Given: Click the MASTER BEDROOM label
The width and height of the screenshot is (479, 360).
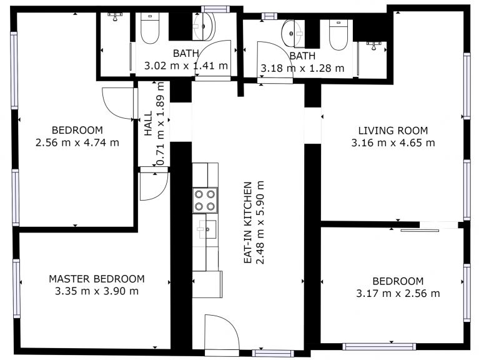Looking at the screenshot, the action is tap(97, 279).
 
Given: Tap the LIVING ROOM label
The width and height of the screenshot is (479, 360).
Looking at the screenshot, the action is tap(393, 131).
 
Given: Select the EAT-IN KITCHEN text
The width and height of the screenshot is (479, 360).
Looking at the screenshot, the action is tap(248, 222).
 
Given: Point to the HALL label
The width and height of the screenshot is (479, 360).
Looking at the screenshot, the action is tap(148, 124).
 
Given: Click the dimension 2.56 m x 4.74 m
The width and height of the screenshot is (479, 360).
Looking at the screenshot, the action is tap(77, 142).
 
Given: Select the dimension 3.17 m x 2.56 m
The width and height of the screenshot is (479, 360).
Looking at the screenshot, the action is tap(398, 294).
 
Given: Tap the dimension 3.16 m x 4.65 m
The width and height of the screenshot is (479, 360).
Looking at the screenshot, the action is tap(393, 142).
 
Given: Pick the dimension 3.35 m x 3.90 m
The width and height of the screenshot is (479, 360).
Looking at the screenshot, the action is tap(97, 291).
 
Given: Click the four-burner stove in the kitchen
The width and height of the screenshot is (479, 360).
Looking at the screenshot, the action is tap(205, 200).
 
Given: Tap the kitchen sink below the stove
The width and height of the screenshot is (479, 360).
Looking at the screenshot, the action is tap(207, 229).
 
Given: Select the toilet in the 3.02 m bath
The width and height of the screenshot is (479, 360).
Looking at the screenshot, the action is tap(150, 28).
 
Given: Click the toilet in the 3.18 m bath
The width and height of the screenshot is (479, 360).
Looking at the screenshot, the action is tap(338, 35).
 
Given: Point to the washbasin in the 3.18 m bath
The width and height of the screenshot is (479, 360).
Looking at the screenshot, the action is tap(293, 33).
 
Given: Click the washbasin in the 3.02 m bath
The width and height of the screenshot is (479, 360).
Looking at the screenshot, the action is tap(204, 27).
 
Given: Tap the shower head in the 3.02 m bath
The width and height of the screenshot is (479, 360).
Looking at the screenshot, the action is tap(115, 16).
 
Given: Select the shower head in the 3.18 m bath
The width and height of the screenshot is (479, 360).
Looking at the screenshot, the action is tap(373, 46).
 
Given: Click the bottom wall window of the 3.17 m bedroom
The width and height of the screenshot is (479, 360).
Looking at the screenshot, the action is tap(379, 346).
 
